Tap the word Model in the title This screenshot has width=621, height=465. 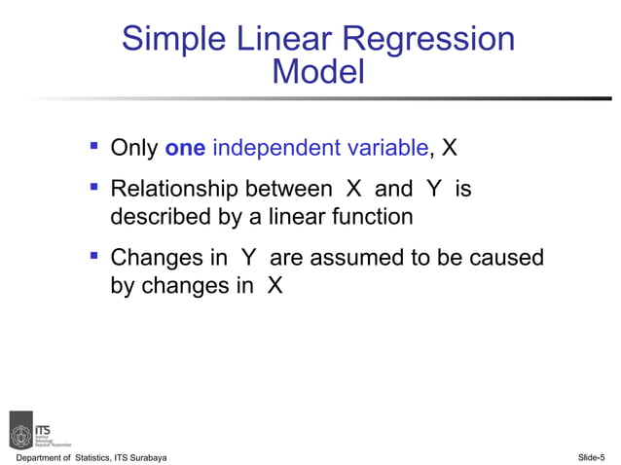[x=318, y=72]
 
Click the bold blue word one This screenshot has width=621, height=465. [x=185, y=149]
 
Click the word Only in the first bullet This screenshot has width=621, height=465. [x=134, y=149]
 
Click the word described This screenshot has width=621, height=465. [x=159, y=217]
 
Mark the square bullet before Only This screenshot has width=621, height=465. [x=94, y=147]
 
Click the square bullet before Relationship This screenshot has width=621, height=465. [x=94, y=187]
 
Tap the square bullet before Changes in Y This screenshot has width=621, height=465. [x=94, y=257]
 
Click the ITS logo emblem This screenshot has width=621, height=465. [x=20, y=428]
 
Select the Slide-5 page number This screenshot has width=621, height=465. [x=591, y=457]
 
